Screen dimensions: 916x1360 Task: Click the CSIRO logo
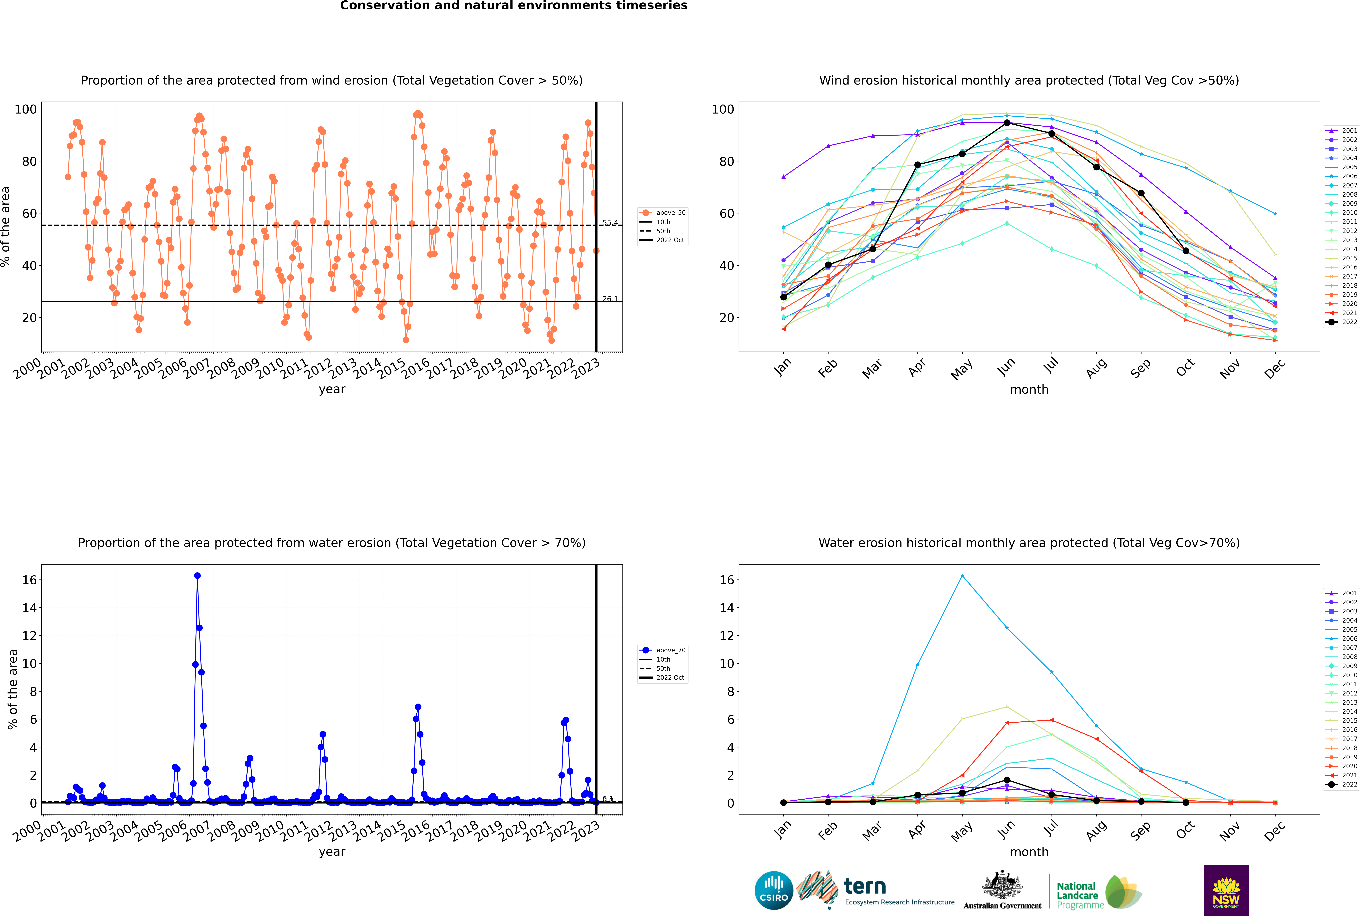pyautogui.click(x=774, y=890)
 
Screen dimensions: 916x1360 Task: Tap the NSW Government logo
pyautogui.click(x=1226, y=890)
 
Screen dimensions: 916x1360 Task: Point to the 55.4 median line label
pyautogui.click(x=610, y=223)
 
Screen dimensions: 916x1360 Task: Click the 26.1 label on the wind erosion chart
pyautogui.click(x=610, y=299)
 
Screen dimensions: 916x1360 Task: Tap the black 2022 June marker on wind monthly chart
pyautogui.click(x=1007, y=123)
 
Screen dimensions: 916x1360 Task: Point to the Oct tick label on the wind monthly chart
pyautogui.click(x=1186, y=368)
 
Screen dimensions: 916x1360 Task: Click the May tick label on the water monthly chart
pyautogui.click(x=962, y=831)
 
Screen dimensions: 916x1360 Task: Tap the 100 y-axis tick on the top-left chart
pyautogui.click(x=26, y=109)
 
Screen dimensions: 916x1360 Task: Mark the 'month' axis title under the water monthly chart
pyautogui.click(x=1029, y=852)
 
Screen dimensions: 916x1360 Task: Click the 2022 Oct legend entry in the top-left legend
pyautogui.click(x=670, y=240)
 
